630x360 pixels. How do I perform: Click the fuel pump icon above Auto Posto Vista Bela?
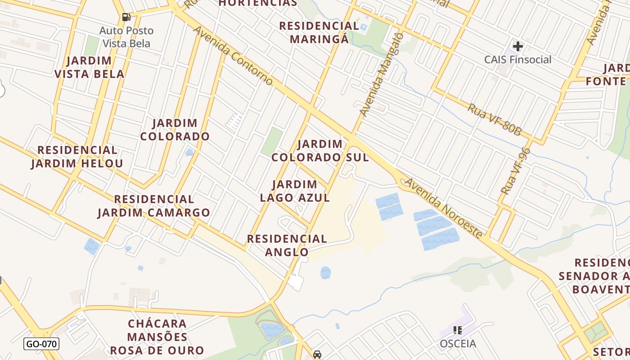tap(126, 17)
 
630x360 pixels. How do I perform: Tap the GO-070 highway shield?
tap(41, 344)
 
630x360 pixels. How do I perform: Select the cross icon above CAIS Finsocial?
tap(517, 46)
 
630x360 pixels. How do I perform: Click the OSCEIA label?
tap(458, 344)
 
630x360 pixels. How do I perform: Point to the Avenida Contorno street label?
tap(233, 55)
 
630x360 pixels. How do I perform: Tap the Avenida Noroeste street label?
tap(444, 208)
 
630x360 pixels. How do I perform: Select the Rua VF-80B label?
tap(494, 119)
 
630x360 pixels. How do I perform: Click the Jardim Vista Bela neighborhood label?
tap(89, 67)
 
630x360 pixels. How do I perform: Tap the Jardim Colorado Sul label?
tap(320, 151)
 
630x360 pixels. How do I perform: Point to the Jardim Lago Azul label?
tap(295, 191)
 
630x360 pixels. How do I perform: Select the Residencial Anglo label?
tap(287, 245)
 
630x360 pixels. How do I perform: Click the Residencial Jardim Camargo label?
tap(154, 206)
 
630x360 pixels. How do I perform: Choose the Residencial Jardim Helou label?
tap(77, 157)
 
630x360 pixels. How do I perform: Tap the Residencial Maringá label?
tap(319, 32)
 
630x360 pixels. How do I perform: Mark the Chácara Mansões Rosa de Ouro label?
tap(157, 337)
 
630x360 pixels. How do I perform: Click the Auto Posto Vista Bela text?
tap(126, 37)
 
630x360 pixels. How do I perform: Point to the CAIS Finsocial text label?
tap(517, 59)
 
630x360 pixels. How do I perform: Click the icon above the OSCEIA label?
tap(458, 330)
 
